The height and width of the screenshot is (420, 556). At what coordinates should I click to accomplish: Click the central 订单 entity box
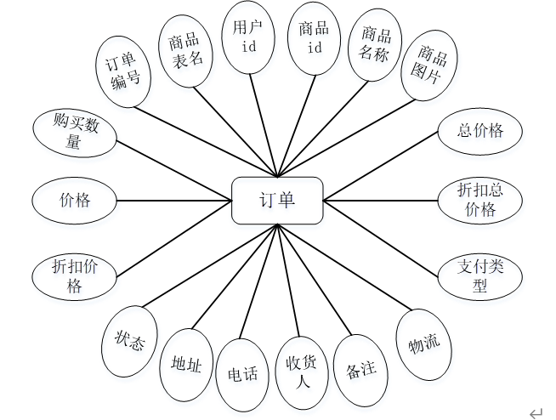277,201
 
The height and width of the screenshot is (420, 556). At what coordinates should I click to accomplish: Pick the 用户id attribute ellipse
248,38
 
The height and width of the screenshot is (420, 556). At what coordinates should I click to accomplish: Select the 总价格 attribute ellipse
480,131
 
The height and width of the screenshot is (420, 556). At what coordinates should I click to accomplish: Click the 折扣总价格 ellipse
480,201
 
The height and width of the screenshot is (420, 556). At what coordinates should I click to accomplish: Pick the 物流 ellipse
423,345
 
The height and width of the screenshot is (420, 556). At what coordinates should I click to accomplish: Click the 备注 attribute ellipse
361,371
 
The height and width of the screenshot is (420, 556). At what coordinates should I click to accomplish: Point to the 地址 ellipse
186,366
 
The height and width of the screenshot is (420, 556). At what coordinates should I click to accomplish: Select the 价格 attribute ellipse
74,201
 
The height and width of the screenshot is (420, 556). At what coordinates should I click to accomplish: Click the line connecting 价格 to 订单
174,201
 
